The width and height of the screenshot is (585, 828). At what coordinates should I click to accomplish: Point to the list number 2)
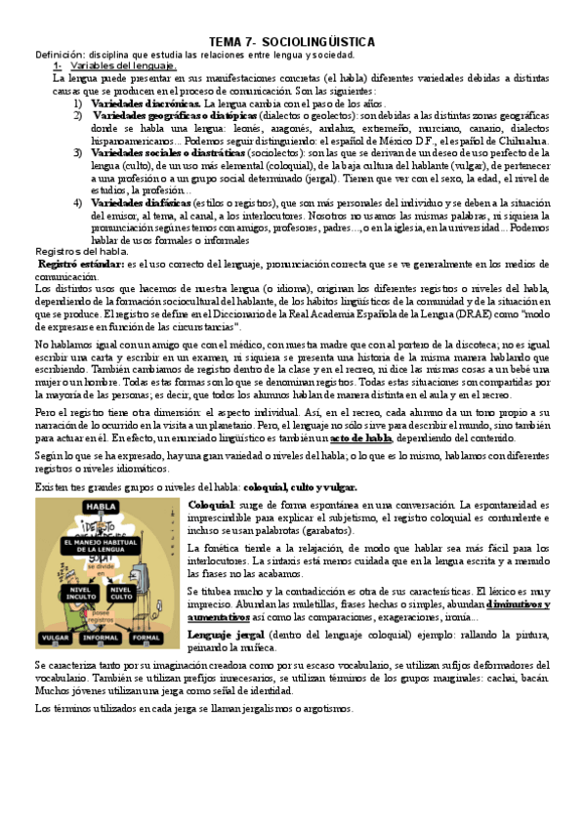point(78,115)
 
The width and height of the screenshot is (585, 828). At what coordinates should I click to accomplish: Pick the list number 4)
point(78,203)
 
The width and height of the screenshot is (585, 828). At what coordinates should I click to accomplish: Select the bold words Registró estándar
point(80,265)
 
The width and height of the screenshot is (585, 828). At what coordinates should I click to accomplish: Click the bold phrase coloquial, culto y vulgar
point(300,486)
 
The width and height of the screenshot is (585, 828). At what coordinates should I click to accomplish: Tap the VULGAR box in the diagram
point(56,638)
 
